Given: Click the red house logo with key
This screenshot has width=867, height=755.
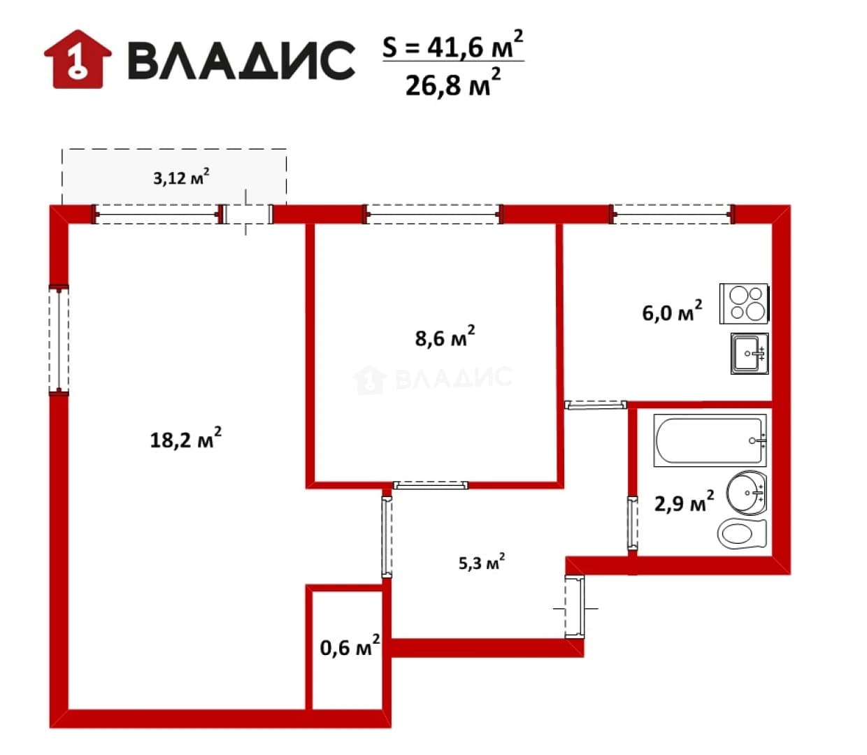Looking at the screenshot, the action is [x=78, y=59].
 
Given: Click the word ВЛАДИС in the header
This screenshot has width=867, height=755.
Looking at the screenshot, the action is [x=241, y=60].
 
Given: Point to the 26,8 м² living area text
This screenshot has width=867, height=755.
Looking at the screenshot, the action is [x=453, y=82].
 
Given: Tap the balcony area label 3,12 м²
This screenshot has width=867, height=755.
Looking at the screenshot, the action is [x=181, y=177].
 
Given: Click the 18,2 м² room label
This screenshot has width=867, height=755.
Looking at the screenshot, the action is [x=185, y=438].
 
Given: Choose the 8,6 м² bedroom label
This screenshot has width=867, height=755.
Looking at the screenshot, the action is [x=445, y=336].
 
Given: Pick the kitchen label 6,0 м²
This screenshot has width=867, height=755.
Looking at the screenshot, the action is [x=672, y=311].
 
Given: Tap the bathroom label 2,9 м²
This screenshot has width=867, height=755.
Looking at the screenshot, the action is [x=684, y=502].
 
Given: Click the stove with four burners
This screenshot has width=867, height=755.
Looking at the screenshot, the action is [x=744, y=303].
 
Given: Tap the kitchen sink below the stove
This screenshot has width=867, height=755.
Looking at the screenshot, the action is [x=750, y=353].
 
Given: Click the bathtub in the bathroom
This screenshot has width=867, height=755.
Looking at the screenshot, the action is [x=710, y=440].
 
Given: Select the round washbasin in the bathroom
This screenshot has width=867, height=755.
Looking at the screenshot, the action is [x=747, y=492].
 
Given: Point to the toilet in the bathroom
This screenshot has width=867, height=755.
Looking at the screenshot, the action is [x=742, y=534].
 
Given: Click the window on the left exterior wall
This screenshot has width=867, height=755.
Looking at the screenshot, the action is [x=59, y=339].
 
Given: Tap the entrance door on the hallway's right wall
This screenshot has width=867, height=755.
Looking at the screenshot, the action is [x=575, y=606].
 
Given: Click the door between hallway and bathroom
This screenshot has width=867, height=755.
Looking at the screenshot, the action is [x=632, y=523].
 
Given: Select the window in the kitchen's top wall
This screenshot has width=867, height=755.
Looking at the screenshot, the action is [x=672, y=214].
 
